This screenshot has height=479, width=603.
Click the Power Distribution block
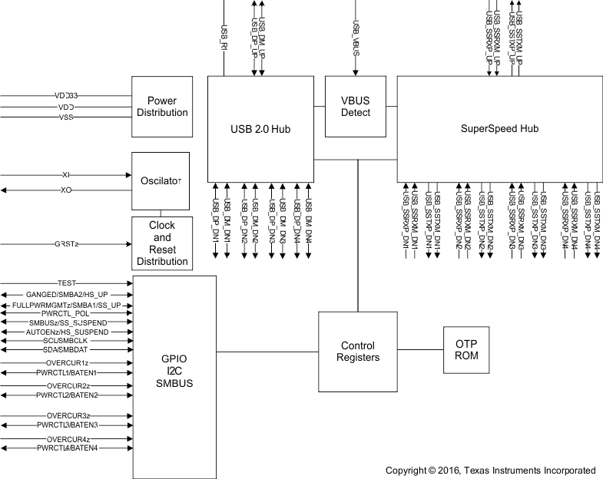(x=161, y=107)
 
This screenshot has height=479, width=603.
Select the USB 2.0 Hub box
(x=261, y=128)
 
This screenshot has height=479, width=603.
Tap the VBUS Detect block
(x=355, y=107)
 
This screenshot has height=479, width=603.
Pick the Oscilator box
(x=161, y=181)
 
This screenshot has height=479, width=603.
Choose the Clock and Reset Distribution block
(x=161, y=243)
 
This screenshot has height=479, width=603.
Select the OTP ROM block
(x=466, y=351)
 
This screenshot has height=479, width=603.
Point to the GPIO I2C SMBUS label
(x=175, y=371)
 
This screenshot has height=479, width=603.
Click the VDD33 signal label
(x=66, y=96)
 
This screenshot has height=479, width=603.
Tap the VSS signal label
(x=66, y=117)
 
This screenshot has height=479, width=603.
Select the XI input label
(x=66, y=175)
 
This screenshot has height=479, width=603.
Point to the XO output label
(x=66, y=189)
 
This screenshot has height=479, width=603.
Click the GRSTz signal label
(x=66, y=243)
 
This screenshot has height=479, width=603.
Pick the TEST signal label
(x=66, y=283)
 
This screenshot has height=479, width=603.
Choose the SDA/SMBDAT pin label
(x=66, y=350)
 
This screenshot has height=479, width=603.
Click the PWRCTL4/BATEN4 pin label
(x=66, y=448)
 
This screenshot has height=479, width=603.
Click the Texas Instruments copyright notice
(x=490, y=471)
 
